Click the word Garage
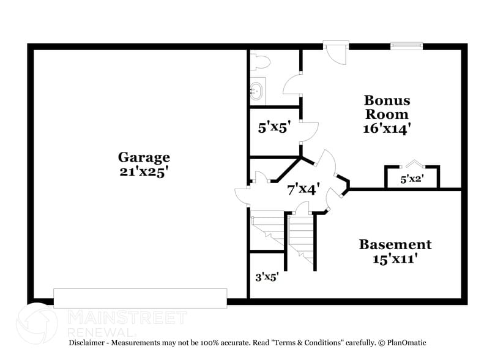[x=144, y=157]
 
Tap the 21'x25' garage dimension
[x=144, y=171]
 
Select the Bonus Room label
[x=387, y=107]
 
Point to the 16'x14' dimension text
[x=387, y=129]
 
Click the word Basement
[x=395, y=244]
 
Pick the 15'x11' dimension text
[x=395, y=258]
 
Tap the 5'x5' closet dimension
[x=273, y=129]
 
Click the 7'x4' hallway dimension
[x=303, y=189]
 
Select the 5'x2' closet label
[x=412, y=180]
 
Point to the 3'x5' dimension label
[x=267, y=277]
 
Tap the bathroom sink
[x=256, y=92]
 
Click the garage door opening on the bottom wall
[x=140, y=298]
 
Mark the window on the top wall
[x=406, y=45]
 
